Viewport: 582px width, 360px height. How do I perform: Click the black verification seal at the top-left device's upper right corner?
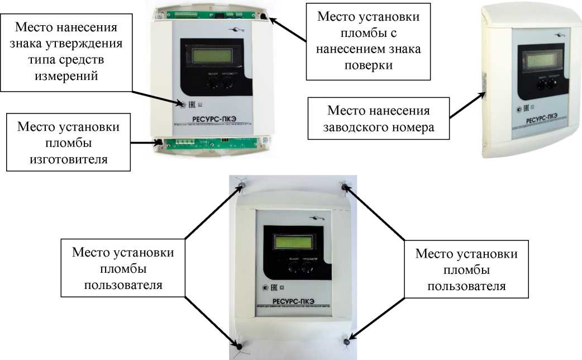tap(264, 17)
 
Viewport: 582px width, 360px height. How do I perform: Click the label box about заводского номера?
tap(381, 119)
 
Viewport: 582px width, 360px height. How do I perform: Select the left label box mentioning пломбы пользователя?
tap(122, 269)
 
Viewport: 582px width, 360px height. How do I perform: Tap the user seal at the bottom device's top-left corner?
tap(241, 185)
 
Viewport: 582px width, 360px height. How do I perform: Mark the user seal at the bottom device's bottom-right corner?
tap(347, 340)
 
